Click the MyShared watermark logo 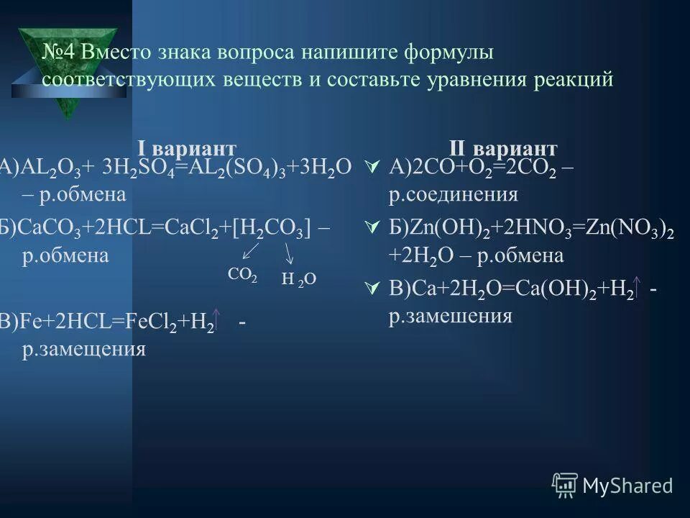(x=612, y=485)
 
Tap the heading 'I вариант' (x=187, y=149)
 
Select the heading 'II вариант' (x=503, y=149)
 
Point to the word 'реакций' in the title (x=572, y=79)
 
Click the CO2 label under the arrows (x=242, y=275)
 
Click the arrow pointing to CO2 (x=250, y=250)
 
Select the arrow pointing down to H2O (x=290, y=253)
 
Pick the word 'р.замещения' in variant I (x=84, y=350)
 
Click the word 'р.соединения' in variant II (x=453, y=194)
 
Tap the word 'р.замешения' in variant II (x=451, y=317)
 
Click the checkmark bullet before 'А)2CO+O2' (x=372, y=167)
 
